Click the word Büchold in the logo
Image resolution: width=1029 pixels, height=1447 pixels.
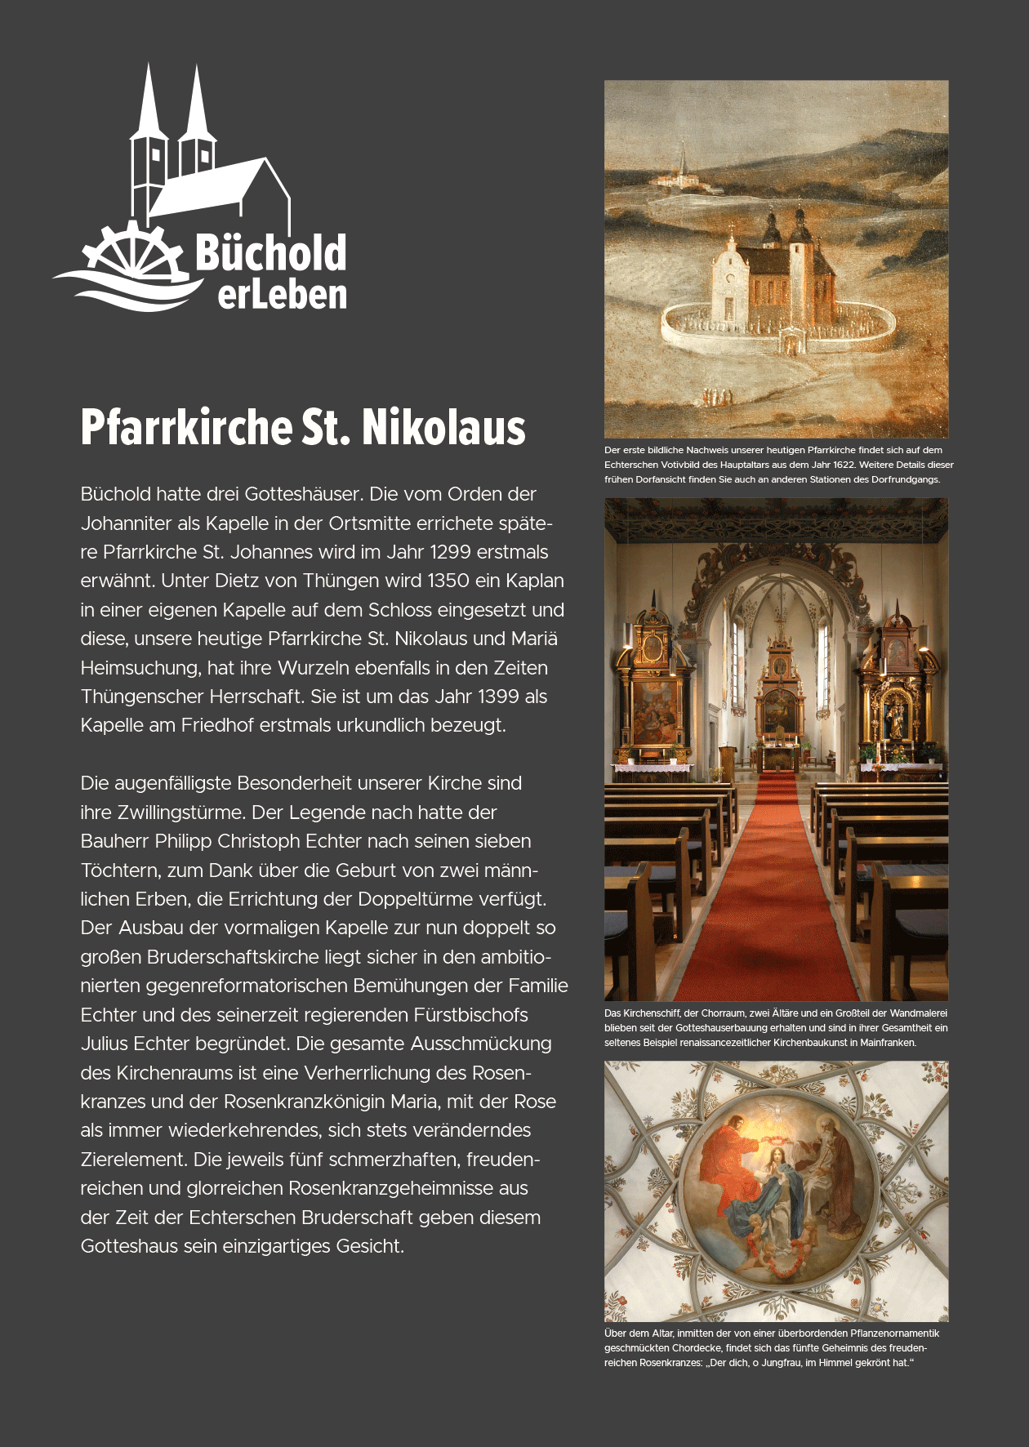coord(270,253)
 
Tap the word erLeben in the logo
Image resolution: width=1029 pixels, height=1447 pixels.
coord(282,295)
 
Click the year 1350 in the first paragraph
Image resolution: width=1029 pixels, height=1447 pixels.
coord(448,581)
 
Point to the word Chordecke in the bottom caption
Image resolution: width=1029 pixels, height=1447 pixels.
coord(697,1348)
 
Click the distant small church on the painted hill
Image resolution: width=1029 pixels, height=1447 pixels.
coord(683,172)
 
